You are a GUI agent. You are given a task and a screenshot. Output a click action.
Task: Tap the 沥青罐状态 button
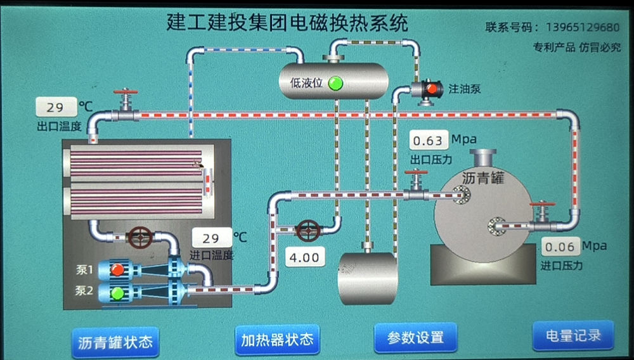pos(115,343)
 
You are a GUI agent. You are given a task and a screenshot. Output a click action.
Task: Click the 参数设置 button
pos(415,337)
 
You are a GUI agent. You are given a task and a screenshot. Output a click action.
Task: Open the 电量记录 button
pos(573,335)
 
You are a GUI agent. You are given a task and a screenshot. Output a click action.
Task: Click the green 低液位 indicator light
pos(335,83)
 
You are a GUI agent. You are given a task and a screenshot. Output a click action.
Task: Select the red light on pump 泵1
pos(117,269)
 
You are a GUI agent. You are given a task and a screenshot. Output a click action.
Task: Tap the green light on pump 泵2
pos(117,293)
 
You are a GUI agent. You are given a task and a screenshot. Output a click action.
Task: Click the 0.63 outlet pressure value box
pos(429,139)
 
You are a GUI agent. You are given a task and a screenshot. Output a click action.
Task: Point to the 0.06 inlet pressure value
pos(560,247)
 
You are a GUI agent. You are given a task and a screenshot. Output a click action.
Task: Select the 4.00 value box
pos(304,257)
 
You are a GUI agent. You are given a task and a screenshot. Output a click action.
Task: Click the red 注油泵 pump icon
pos(431,89)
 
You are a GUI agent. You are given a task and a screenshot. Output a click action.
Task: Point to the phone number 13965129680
pos(581,27)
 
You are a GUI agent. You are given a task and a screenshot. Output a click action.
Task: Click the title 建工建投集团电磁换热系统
pos(287,23)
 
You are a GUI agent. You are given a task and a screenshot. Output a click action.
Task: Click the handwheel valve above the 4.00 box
pos(308,229)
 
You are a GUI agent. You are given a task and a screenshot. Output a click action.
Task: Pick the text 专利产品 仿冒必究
pos(576,47)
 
